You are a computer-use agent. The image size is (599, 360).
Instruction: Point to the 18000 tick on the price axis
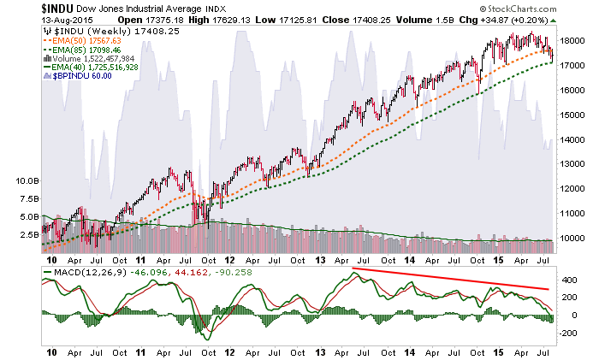pyautogui.click(x=572, y=40)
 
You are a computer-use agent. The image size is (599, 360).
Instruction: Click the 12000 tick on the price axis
pyautogui.click(x=572, y=188)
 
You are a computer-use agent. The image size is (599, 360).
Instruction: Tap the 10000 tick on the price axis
pyautogui.click(x=572, y=238)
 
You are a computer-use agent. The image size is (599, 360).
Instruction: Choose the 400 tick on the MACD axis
pyautogui.click(x=566, y=280)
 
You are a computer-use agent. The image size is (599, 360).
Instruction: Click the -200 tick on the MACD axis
pyautogui.click(x=566, y=334)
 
